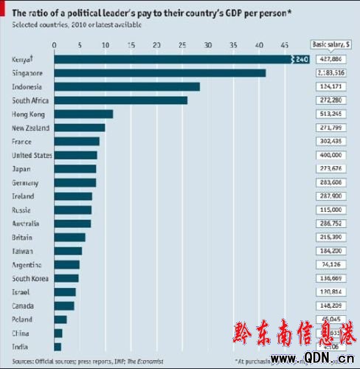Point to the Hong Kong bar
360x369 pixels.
click(x=83, y=114)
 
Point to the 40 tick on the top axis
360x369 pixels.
click(x=260, y=46)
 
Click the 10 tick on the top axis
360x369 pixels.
click(x=105, y=46)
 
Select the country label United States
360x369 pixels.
click(x=32, y=156)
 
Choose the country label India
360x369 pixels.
click(x=20, y=346)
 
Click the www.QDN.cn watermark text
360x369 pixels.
click(x=309, y=359)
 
